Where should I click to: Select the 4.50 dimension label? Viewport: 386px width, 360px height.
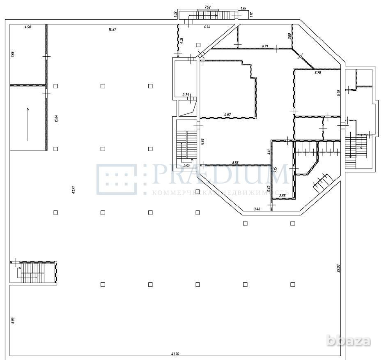[x=28, y=27]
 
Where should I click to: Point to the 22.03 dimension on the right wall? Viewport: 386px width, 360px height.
[x=339, y=268]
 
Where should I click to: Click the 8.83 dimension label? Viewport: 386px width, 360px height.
[x=13, y=320]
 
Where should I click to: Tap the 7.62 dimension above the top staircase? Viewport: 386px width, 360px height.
[x=207, y=7]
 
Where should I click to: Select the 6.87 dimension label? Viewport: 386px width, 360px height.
[x=228, y=115]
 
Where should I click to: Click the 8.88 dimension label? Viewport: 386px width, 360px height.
[x=235, y=162]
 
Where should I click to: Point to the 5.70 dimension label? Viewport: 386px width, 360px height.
[x=317, y=73]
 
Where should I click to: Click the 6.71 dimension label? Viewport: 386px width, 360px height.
[x=265, y=46]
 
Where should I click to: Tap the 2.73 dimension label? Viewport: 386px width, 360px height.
[x=186, y=95]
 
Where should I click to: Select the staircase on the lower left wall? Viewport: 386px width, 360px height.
[x=33, y=272]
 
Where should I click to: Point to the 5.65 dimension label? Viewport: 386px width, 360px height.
[x=202, y=141]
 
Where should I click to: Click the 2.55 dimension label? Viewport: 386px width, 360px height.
[x=282, y=196]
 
